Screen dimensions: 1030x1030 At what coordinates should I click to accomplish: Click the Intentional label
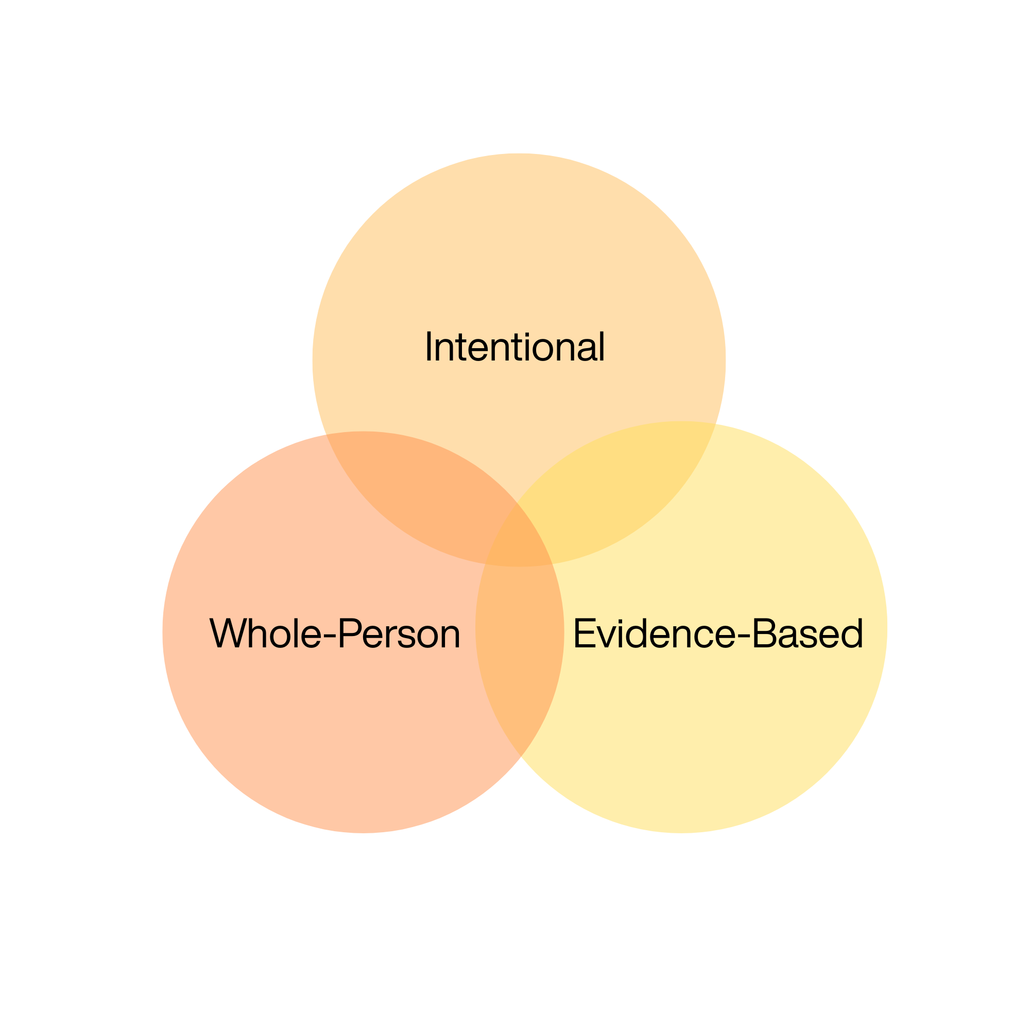click(515, 347)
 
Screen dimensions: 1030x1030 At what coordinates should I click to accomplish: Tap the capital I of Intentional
click(428, 346)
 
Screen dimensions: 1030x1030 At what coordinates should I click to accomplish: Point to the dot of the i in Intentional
click(527, 334)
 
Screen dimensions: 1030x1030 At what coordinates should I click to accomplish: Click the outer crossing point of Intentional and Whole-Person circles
click(327, 434)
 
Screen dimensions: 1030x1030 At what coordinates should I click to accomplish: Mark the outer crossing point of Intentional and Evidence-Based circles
click(715, 424)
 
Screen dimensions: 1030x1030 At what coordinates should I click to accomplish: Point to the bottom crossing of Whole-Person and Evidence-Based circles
click(520, 756)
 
